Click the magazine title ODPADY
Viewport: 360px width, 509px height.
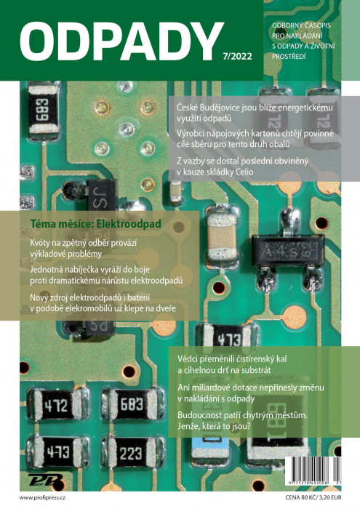point(121,41)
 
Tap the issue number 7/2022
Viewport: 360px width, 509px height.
point(237,56)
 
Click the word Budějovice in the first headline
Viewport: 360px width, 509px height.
point(221,108)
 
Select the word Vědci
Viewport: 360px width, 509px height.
point(188,359)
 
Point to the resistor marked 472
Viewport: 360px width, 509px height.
point(56,406)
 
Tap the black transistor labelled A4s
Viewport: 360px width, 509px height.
point(287,252)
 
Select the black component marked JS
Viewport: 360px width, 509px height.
point(102,196)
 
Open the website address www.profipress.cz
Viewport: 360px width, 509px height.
point(42,497)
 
